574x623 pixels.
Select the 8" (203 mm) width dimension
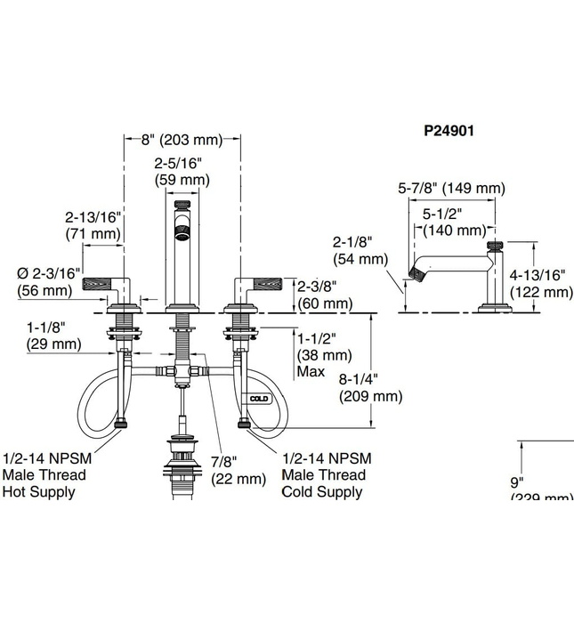tap(182, 140)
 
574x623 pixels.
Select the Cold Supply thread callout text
tap(326, 474)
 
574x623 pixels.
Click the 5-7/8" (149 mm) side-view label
tap(450, 189)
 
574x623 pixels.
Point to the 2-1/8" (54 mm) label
tap(360, 250)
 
